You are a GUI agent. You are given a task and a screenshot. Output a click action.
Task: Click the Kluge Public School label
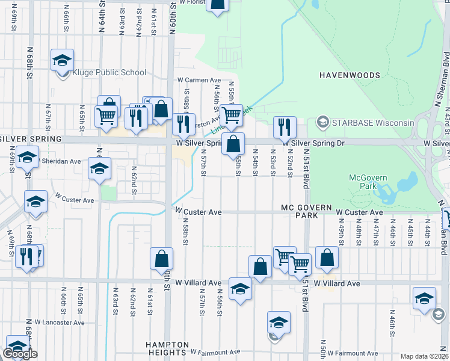pos(109,73)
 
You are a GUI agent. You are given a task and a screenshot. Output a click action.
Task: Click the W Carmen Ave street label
pos(199,80)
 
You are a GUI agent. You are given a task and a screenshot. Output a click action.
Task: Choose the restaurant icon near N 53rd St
pos(285,127)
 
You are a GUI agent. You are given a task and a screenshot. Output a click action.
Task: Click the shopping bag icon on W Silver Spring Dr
pos(233,144)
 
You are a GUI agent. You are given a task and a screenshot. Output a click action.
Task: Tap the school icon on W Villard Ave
pos(241,289)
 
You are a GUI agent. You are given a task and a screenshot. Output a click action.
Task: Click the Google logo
pos(21,354)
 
